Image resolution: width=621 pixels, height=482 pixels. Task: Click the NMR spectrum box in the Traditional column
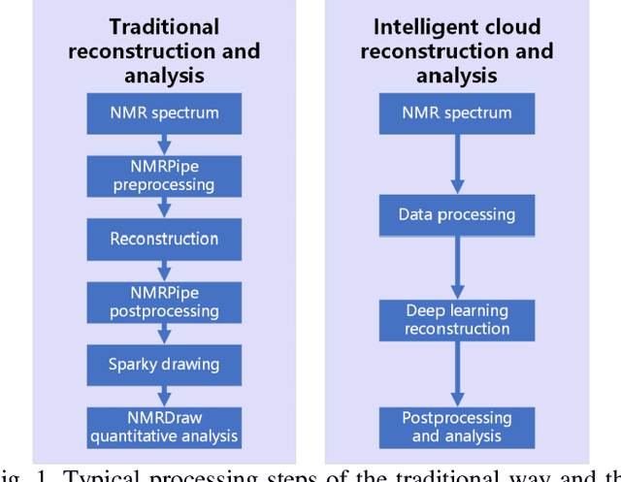click(x=164, y=112)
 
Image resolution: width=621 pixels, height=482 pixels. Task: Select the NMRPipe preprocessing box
click(x=164, y=176)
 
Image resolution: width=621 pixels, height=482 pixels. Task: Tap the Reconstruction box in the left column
click(x=164, y=239)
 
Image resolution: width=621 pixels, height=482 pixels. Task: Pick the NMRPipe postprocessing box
click(x=164, y=302)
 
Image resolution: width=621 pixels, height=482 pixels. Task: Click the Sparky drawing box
click(x=164, y=365)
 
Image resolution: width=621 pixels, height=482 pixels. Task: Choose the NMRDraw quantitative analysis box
click(x=164, y=428)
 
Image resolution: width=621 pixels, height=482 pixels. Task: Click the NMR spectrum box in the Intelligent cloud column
click(x=456, y=112)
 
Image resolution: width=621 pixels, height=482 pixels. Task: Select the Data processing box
click(x=456, y=214)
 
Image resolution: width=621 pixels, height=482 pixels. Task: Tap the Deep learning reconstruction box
click(x=456, y=319)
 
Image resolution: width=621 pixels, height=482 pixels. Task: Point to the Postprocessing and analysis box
click(x=456, y=427)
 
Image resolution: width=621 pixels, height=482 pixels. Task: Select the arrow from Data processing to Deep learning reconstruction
click(x=456, y=267)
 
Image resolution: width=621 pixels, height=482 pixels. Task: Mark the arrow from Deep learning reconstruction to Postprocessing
click(x=456, y=373)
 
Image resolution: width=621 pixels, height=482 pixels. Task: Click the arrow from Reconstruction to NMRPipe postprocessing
click(x=164, y=270)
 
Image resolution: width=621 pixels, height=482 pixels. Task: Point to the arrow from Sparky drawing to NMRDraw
click(x=164, y=396)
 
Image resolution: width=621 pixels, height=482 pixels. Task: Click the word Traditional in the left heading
click(x=164, y=27)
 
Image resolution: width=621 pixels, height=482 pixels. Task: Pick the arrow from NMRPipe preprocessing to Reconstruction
click(x=164, y=207)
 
